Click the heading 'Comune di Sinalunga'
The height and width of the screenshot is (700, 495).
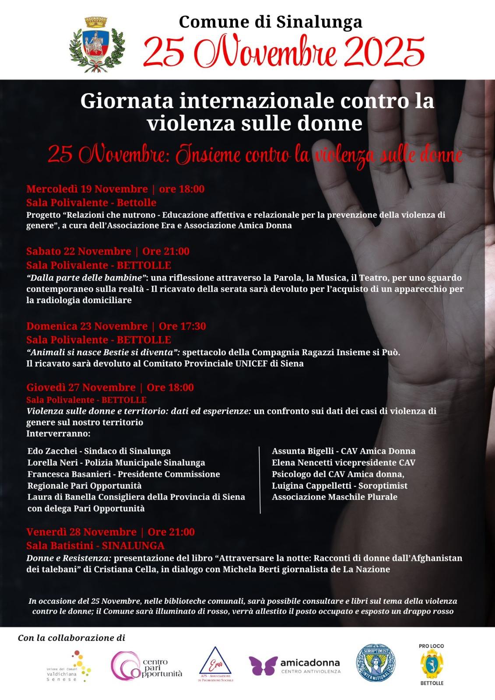pos(270,21)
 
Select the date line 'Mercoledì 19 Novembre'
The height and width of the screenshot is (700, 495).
pos(87,189)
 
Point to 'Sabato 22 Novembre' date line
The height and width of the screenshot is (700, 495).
pos(79,251)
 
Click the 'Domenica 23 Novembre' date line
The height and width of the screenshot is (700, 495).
pos(87,326)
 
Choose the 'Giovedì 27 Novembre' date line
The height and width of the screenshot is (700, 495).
pos(81,387)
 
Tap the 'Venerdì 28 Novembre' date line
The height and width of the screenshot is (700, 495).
pos(81,532)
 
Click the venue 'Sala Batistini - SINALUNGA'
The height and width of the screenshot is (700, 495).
pos(95,546)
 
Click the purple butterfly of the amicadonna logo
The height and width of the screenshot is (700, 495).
pos(263,665)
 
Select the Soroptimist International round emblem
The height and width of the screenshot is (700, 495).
pos(376,664)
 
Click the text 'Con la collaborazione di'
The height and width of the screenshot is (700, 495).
pos(71,638)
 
